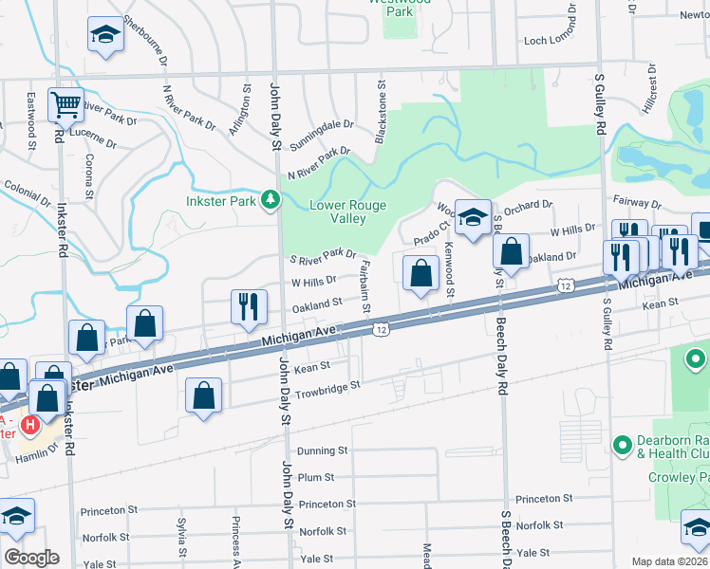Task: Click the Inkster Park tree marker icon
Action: coord(271,199)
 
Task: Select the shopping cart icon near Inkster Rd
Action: coord(66,105)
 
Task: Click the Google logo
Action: coord(31,558)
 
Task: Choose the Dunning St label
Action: coord(323,451)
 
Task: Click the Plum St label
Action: coord(316,478)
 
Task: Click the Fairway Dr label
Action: coord(637,203)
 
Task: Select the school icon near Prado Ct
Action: coord(472,217)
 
